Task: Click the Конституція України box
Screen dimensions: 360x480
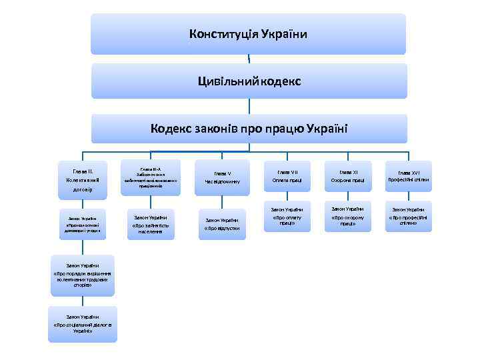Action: click(248, 33)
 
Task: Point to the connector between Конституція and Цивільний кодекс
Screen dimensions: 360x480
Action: click(249, 59)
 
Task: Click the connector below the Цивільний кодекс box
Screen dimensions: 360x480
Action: click(249, 106)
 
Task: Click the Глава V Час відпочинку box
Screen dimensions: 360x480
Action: click(222, 177)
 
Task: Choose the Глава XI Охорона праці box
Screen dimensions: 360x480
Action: click(347, 177)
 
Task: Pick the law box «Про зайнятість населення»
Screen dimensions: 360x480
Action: click(151, 224)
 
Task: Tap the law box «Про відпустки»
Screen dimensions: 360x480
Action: click(222, 224)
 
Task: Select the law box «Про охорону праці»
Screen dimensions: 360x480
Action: click(347, 217)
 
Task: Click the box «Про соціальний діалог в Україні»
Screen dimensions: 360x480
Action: click(83, 324)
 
